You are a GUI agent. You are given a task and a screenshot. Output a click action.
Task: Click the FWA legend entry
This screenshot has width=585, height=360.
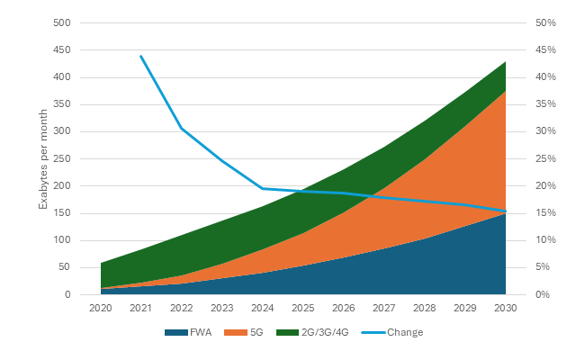(194, 332)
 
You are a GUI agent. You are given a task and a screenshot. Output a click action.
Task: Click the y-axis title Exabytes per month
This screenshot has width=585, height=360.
(42, 158)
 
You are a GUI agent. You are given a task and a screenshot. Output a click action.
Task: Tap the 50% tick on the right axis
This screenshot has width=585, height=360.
(544, 22)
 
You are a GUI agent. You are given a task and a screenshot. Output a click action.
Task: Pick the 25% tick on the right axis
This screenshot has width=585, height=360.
(544, 158)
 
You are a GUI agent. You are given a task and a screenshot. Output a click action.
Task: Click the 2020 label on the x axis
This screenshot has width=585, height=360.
(101, 308)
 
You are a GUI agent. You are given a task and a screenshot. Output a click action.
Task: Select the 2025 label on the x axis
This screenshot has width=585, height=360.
(303, 308)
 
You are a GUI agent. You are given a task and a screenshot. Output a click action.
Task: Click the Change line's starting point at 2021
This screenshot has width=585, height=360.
(141, 56)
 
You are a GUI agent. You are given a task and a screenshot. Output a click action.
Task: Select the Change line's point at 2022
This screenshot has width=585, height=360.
(182, 128)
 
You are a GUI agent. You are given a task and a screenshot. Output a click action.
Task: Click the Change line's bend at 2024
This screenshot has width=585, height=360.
(263, 188)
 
